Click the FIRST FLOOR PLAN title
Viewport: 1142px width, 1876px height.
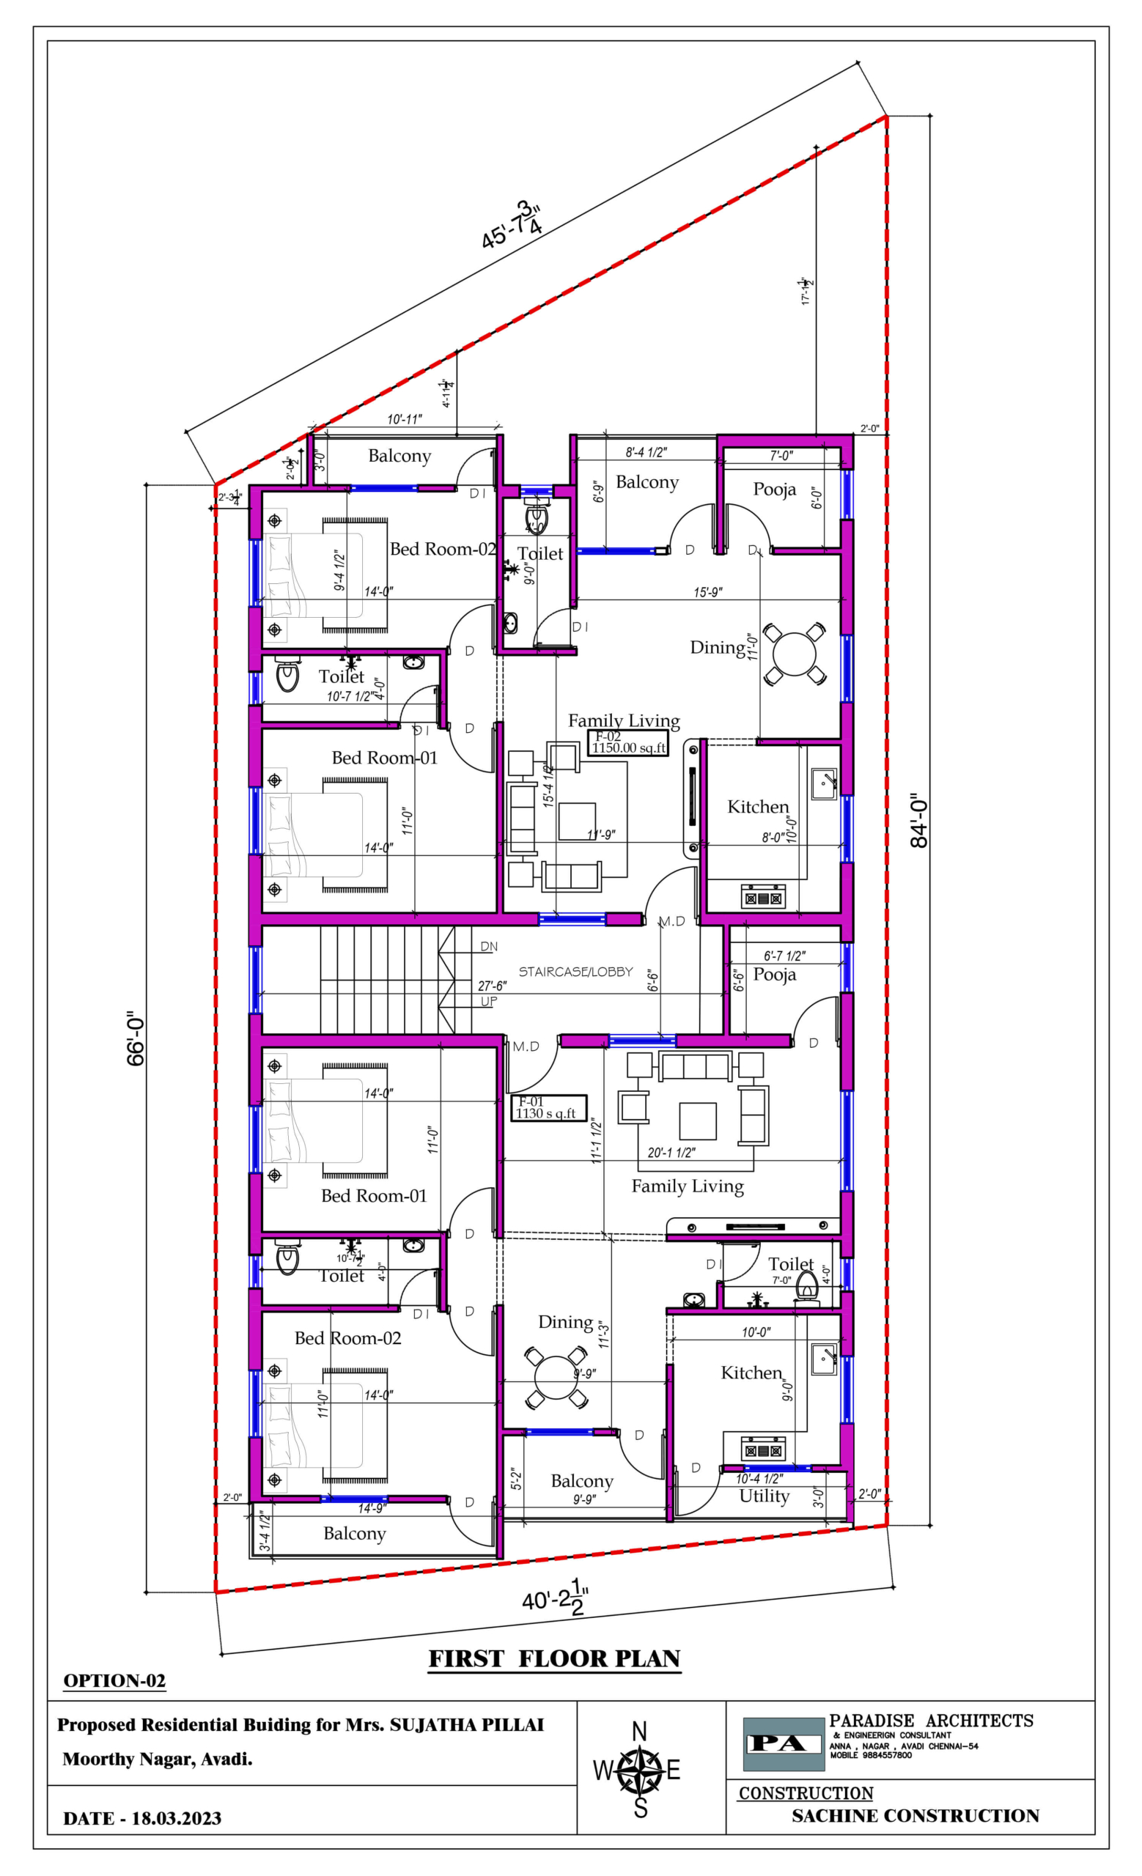[x=554, y=1659]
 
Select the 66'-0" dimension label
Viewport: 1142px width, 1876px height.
[x=136, y=1038]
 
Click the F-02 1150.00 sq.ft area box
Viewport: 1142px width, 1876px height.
[x=628, y=743]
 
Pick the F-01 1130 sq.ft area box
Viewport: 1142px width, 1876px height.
[x=548, y=1108]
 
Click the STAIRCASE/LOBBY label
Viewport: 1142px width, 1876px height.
[x=575, y=972]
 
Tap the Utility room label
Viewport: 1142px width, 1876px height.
[x=765, y=1496]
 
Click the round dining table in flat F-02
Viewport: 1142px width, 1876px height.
[x=794, y=653]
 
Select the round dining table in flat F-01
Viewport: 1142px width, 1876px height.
[x=556, y=1375]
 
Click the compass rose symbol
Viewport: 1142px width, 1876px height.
[x=638, y=1771]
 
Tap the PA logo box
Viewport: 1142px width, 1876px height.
[x=784, y=1743]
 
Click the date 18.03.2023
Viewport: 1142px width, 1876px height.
[x=176, y=1819]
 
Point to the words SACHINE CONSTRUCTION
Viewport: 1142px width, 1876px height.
[x=915, y=1816]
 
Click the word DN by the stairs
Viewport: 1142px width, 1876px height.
[x=489, y=946]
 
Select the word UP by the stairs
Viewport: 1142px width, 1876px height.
[x=489, y=1001]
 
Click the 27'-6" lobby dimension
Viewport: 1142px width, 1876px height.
[x=492, y=985]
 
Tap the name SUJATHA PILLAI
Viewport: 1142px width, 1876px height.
[x=467, y=1725]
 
